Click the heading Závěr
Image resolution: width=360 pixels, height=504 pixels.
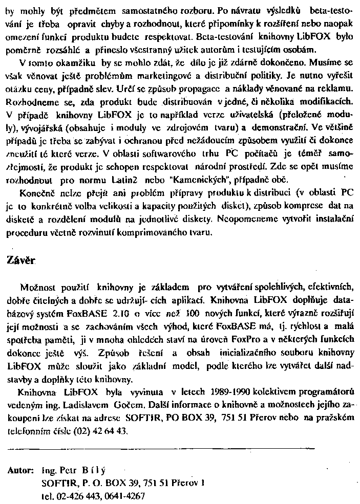coord(20,260)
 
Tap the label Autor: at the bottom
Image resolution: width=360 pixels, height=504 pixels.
coord(21,469)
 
